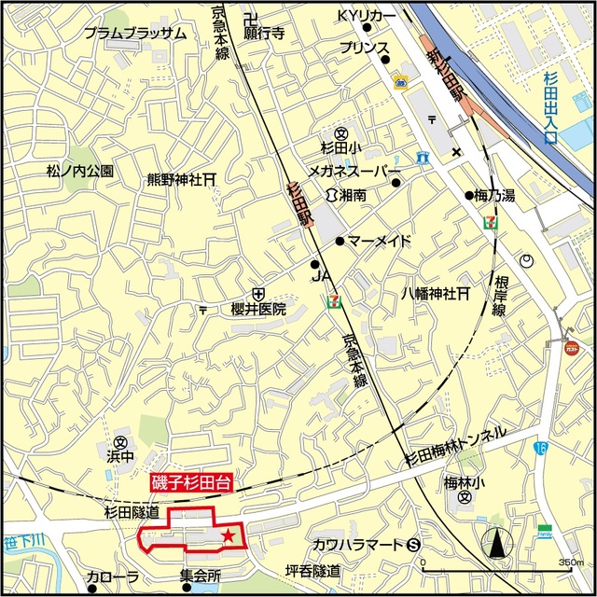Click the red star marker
coord(228,535)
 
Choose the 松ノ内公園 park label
coord(79,172)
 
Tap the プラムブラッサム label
coord(134,33)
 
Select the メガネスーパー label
coord(352,173)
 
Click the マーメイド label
coord(380,241)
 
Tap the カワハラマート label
coord(357,545)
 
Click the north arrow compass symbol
coord(496,542)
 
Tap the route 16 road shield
coord(541,449)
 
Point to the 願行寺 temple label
coord(264,33)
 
